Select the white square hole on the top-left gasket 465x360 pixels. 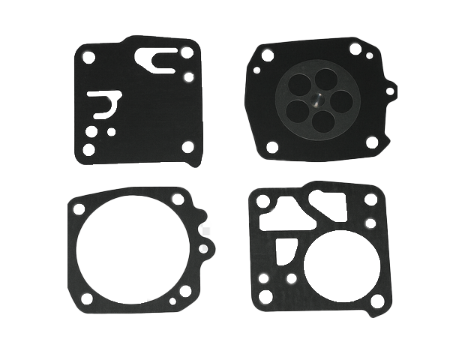pyautogui.click(x=187, y=146)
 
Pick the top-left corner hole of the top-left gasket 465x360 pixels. pyautogui.click(x=88, y=56)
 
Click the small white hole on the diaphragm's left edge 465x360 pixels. pyautogui.click(x=256, y=71)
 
